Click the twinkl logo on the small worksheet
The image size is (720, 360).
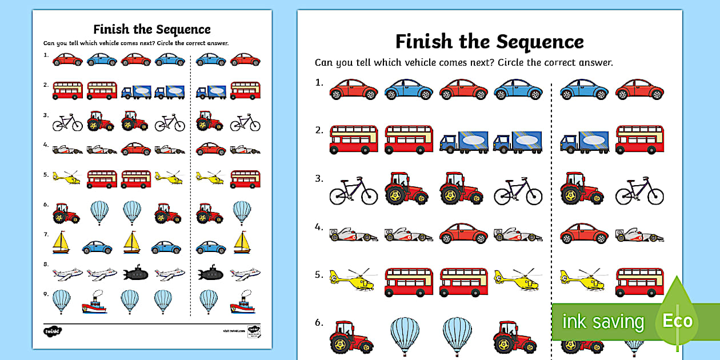(x=51, y=330)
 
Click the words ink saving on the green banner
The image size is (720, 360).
(x=603, y=322)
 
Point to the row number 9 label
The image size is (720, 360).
(x=45, y=293)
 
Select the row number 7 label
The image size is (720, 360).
(x=45, y=234)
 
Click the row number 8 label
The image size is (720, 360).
(x=45, y=264)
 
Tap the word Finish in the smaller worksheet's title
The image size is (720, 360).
(x=112, y=29)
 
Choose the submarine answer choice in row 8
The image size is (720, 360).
(x=209, y=273)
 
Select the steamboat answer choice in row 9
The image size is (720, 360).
(x=242, y=303)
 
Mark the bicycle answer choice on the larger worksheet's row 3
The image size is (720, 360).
(x=639, y=190)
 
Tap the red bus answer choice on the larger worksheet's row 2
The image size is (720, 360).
(x=639, y=140)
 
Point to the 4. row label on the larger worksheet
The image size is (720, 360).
(x=319, y=227)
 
